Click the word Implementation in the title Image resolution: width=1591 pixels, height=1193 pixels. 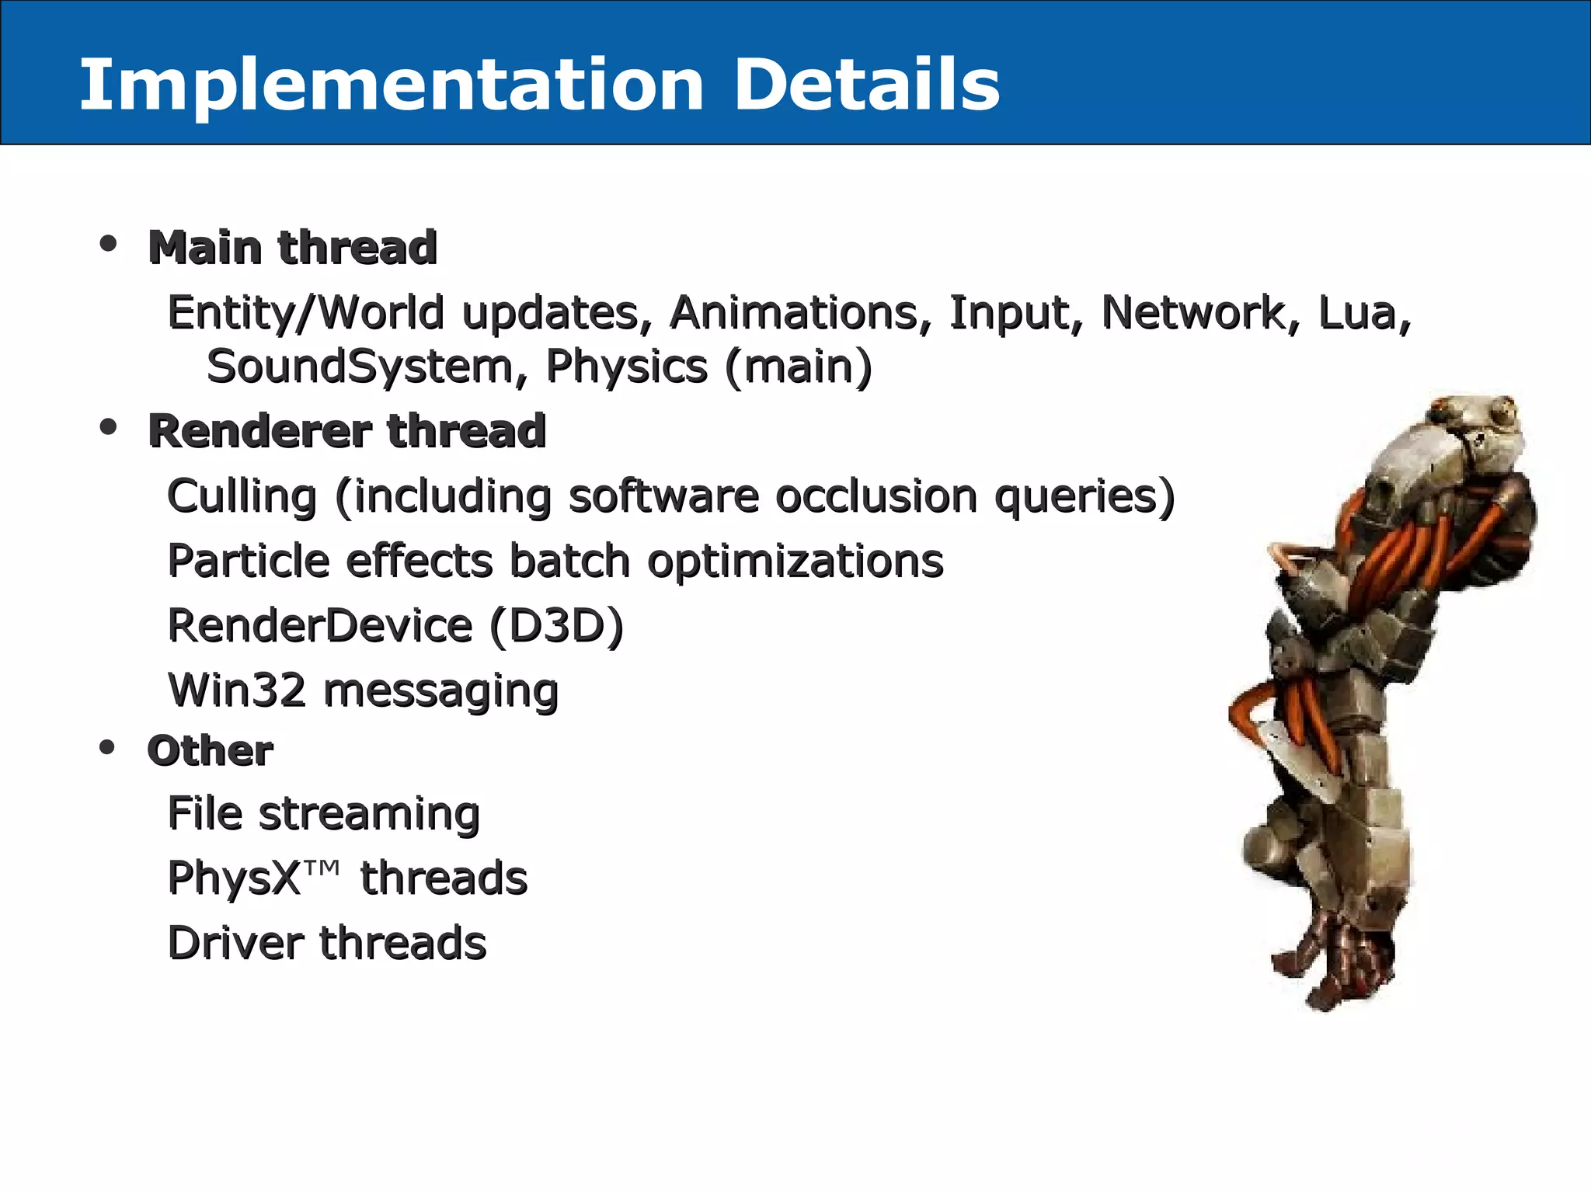tap(392, 85)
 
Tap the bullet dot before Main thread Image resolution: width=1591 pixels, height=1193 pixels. tap(108, 244)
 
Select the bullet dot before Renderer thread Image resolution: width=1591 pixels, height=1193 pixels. tap(108, 426)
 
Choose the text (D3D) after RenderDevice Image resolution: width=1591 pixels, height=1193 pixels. tap(556, 626)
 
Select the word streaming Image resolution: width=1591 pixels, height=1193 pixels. tap(369, 816)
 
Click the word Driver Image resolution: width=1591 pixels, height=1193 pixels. tap(235, 943)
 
